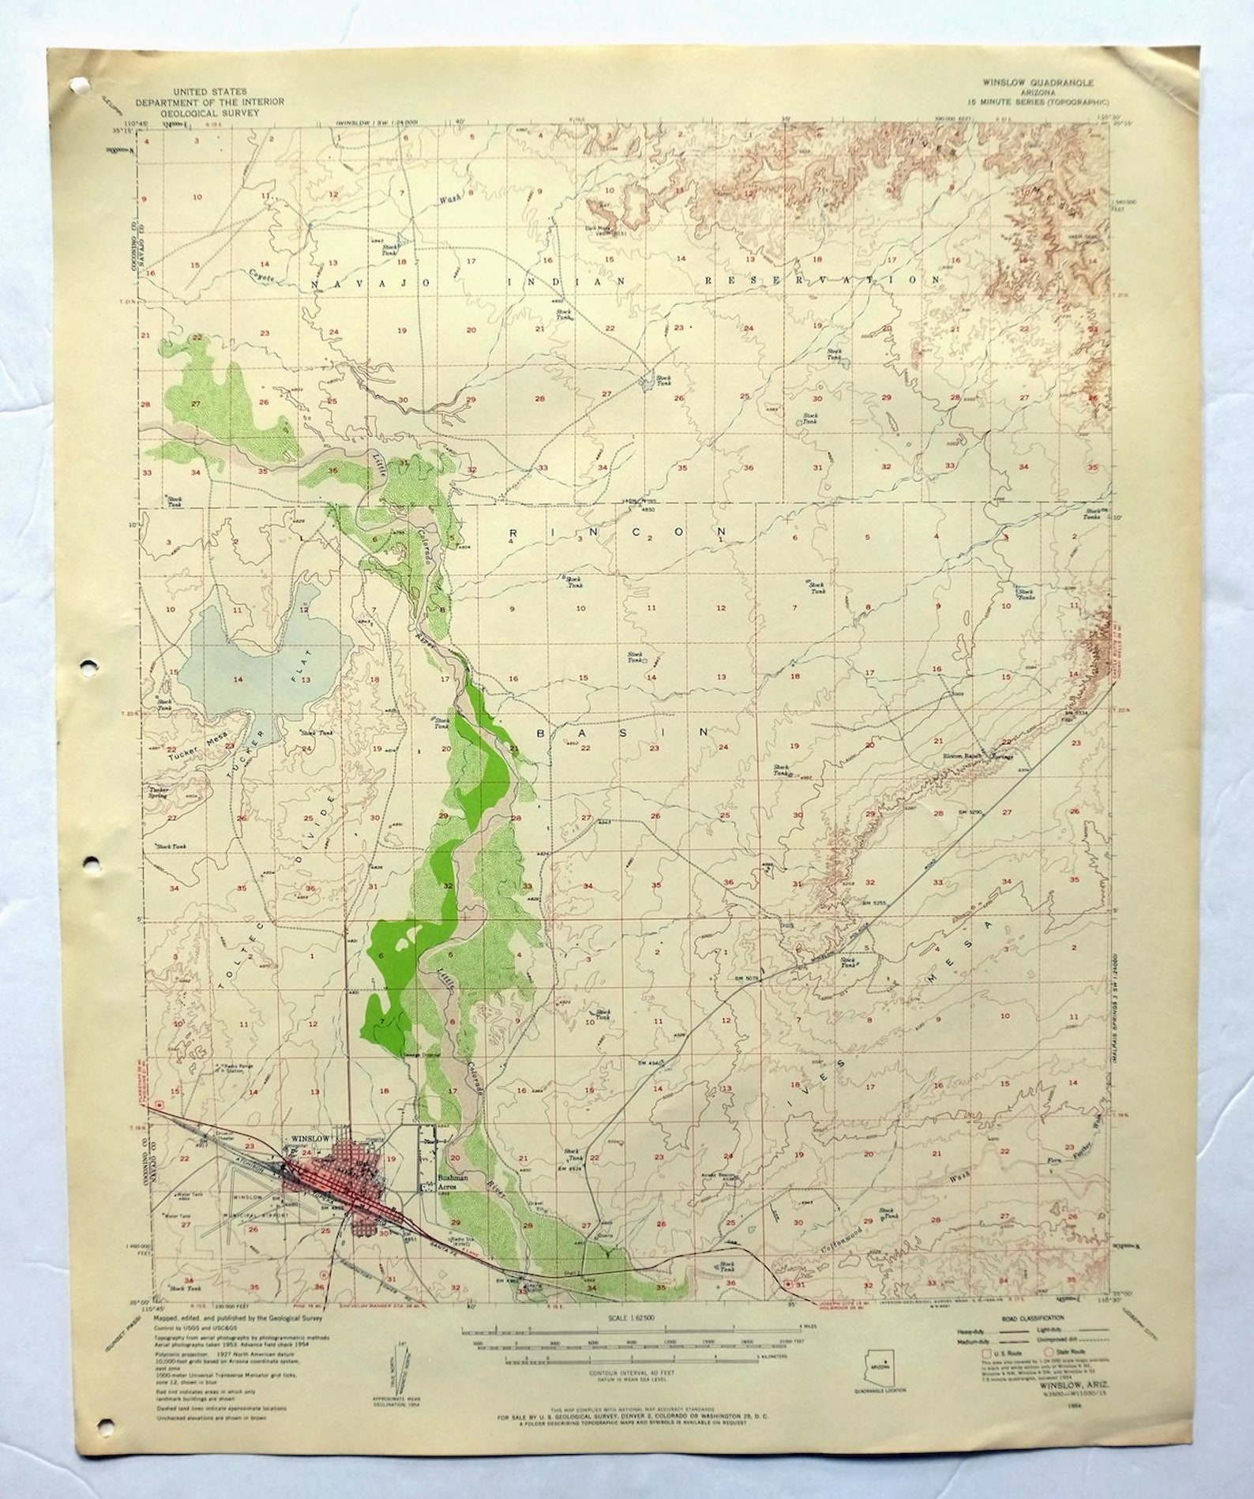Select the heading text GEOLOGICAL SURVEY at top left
[x=209, y=113]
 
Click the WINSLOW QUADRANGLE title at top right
[x=1034, y=81]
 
